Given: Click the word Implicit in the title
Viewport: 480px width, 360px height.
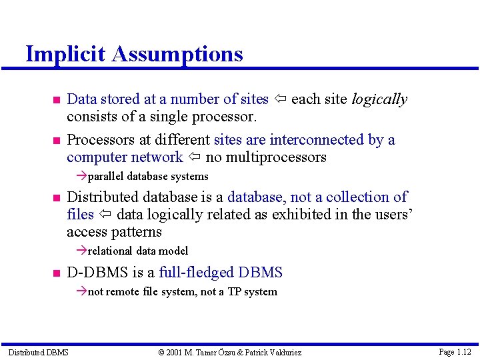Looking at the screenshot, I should click(66, 53).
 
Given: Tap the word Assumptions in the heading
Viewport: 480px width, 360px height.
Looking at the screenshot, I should click(177, 53).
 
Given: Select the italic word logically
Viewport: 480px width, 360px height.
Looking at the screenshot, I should click(379, 99).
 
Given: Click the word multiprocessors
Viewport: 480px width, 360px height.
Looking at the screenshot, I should click(284, 157).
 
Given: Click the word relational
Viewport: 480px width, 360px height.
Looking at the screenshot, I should click(110, 251).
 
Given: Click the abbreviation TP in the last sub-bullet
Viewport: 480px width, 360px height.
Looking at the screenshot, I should click(235, 292).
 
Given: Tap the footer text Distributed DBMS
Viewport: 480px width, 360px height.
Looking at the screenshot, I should click(38, 352).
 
